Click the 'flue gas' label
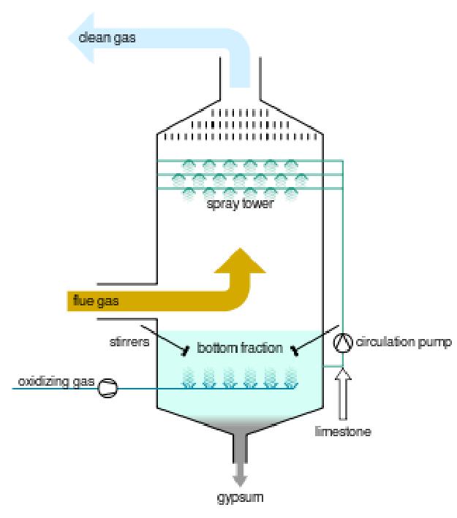click(94, 299)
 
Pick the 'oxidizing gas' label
click(53, 382)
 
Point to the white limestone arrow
click(344, 395)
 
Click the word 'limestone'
click(345, 432)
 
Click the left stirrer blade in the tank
click(185, 353)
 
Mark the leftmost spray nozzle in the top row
click(188, 166)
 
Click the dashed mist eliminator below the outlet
click(238, 125)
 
